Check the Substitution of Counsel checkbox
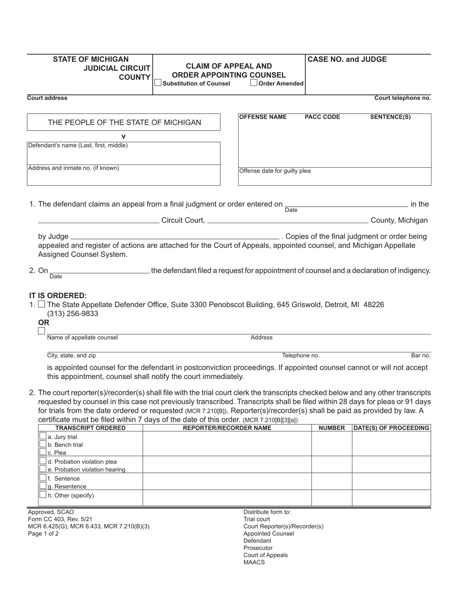click(158, 83)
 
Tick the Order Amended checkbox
click(254, 83)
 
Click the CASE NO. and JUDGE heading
click(347, 59)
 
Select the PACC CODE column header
click(322, 117)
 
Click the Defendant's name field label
click(78, 145)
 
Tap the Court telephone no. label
click(403, 98)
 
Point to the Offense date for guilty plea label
click(275, 171)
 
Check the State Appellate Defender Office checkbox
click(41, 304)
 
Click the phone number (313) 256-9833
click(72, 313)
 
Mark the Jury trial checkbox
click(43, 436)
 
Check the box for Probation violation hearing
click(43, 469)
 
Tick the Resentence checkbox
click(43, 486)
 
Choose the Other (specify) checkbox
click(43, 495)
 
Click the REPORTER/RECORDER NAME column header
click(227, 428)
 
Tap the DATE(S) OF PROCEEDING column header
click(391, 428)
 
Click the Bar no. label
click(420, 355)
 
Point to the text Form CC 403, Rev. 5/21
click(60, 519)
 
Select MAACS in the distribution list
click(254, 562)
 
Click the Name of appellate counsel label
click(82, 337)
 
